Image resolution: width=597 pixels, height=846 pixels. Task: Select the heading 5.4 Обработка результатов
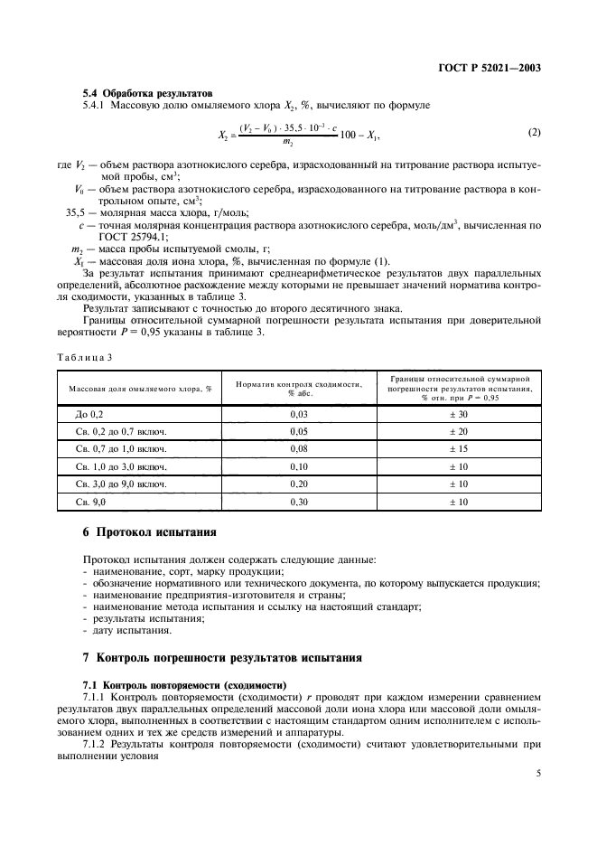point(147,93)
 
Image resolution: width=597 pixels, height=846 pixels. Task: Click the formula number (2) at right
point(534,134)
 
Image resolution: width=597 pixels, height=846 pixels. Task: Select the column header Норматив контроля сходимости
point(298,388)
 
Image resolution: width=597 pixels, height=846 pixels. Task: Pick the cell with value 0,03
point(298,414)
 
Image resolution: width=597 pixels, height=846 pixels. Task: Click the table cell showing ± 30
point(457,414)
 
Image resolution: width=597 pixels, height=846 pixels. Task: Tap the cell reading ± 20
point(457,431)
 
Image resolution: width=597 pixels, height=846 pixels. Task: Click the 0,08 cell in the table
point(298,448)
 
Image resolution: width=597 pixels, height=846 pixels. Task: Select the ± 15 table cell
point(457,448)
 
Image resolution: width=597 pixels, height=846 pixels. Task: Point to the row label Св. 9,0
point(91,501)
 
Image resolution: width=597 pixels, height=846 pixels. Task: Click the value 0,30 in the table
point(298,501)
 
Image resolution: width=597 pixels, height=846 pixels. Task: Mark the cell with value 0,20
point(298,484)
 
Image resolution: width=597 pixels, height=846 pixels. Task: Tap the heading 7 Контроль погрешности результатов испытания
point(222,657)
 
